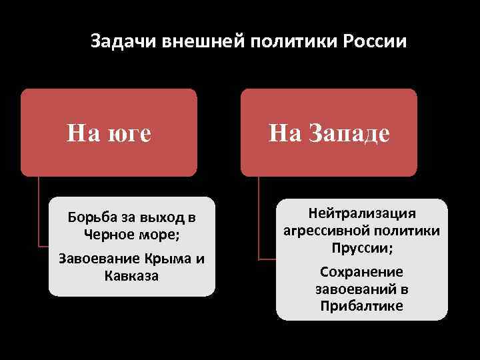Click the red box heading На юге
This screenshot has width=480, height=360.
[109, 133]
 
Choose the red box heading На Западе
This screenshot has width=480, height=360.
[329, 133]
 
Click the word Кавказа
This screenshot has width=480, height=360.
[131, 275]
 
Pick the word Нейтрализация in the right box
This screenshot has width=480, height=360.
[361, 213]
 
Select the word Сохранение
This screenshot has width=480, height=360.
[361, 272]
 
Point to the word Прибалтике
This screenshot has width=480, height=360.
[361, 306]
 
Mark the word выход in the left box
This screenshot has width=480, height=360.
[165, 218]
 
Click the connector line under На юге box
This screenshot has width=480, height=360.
[39, 213]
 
